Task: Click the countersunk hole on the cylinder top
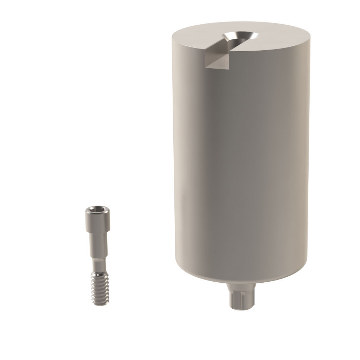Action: point(240,36)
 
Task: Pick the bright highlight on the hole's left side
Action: point(229,35)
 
